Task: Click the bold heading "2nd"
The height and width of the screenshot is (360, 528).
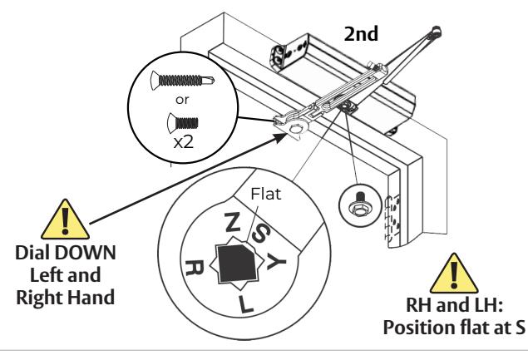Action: click(361, 34)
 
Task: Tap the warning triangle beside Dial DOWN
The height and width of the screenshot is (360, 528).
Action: click(65, 220)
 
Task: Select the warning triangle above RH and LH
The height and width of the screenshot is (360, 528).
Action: click(454, 274)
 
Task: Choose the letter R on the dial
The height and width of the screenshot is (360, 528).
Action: click(195, 268)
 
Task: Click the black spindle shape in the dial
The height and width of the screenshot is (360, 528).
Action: click(237, 263)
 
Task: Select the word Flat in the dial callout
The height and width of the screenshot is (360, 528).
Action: click(266, 194)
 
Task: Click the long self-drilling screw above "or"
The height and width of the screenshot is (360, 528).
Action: click(182, 81)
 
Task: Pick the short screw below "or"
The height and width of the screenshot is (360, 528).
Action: click(183, 123)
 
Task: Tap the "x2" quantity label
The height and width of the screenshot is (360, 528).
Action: click(184, 143)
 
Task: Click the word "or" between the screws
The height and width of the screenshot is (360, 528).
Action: click(182, 100)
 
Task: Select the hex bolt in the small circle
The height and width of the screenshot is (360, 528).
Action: click(360, 205)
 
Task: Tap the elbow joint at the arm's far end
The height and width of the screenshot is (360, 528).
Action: click(435, 32)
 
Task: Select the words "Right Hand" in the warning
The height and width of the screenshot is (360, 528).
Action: click(66, 298)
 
